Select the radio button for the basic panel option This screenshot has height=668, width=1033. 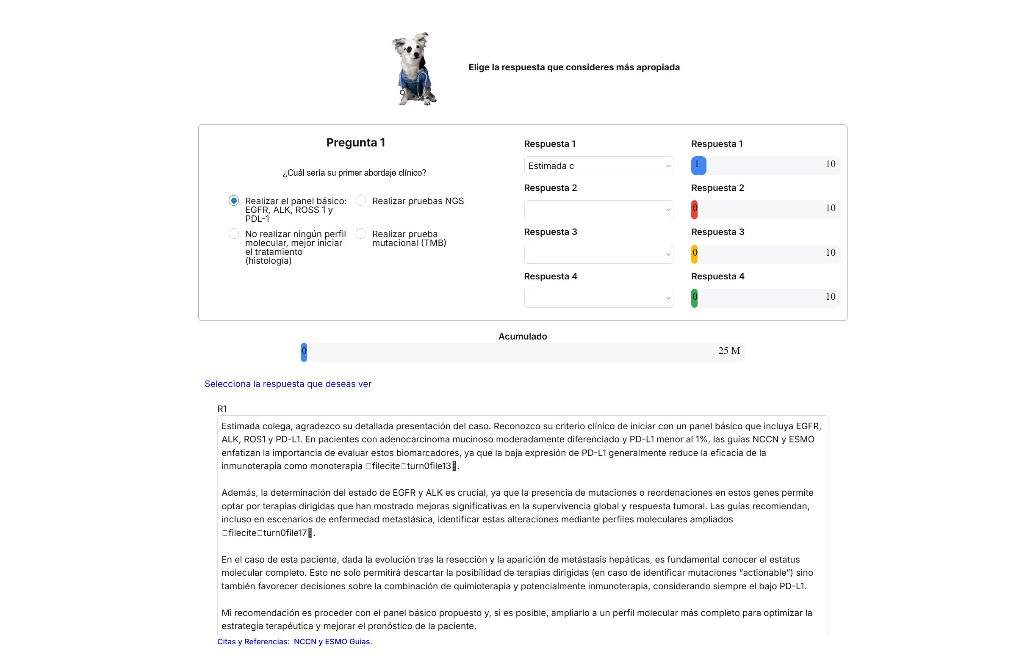233,200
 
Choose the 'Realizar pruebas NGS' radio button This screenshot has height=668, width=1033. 360,200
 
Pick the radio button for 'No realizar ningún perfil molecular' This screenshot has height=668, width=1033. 233,233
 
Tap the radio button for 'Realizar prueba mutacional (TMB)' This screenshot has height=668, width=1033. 360,233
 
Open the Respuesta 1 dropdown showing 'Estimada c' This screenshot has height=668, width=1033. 598,166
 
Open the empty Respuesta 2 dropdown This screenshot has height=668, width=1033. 598,210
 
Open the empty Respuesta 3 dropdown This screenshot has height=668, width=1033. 598,254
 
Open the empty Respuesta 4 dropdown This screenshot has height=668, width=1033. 598,298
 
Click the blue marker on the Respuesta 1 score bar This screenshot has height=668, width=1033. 698,165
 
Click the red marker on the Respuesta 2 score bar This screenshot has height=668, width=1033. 694,210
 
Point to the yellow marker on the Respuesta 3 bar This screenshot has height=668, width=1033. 694,254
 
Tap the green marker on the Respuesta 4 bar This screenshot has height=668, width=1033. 694,298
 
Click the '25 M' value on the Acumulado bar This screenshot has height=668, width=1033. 728,351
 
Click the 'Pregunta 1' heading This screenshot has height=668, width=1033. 355,142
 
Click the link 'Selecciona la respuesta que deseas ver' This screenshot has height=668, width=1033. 288,384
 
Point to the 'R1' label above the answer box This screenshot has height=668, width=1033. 222,409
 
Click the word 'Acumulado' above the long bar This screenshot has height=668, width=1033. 522,336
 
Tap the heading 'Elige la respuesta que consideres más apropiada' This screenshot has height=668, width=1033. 573,67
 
